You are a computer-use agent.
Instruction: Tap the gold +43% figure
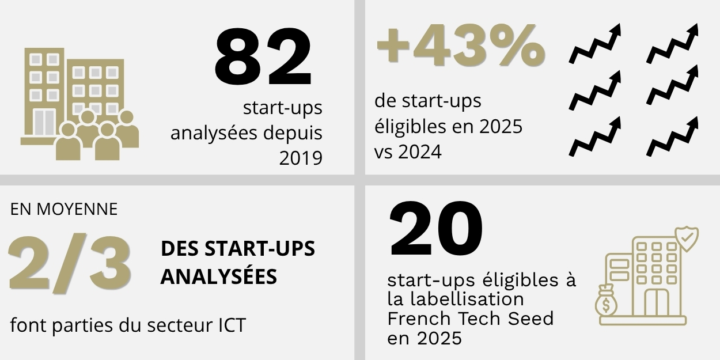[460, 46]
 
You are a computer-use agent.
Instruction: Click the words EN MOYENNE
[64, 209]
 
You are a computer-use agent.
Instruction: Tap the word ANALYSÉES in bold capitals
[218, 276]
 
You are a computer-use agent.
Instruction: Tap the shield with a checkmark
[686, 239]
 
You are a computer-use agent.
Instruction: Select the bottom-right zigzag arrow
[673, 137]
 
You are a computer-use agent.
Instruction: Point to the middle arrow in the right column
[673, 90]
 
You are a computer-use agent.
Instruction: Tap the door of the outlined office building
[656, 302]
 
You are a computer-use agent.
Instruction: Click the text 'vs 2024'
[407, 152]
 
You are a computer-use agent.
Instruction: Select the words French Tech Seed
[470, 319]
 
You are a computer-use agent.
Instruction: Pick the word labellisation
[467, 300]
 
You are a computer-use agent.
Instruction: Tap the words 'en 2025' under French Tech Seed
[425, 338]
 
